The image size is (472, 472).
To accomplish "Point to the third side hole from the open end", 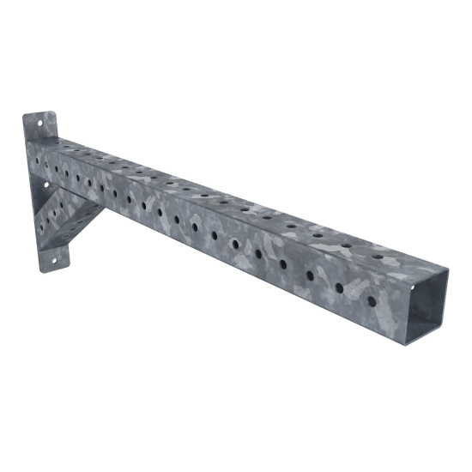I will pos(311,275).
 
